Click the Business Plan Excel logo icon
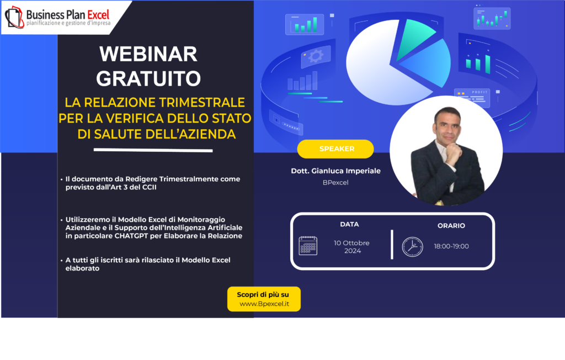click(x=14, y=17)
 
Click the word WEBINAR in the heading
click(x=148, y=54)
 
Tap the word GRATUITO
click(x=148, y=78)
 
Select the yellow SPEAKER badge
click(x=335, y=149)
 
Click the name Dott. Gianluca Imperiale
click(x=335, y=171)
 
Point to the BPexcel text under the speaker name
click(x=335, y=183)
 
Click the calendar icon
click(x=308, y=246)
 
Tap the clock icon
click(x=413, y=247)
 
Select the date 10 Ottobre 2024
click(x=351, y=247)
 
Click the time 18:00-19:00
click(x=451, y=246)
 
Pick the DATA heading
click(x=349, y=224)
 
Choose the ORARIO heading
click(x=451, y=226)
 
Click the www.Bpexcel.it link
click(x=264, y=304)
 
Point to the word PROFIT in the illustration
click(x=479, y=92)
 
